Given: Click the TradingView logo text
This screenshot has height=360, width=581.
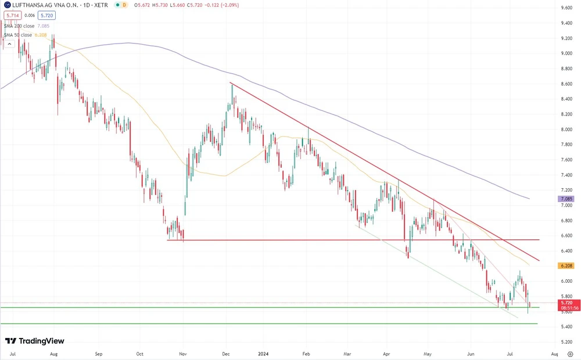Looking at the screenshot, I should pyautogui.click(x=35, y=341).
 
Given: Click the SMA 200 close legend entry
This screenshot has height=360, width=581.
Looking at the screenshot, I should pyautogui.click(x=27, y=26).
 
